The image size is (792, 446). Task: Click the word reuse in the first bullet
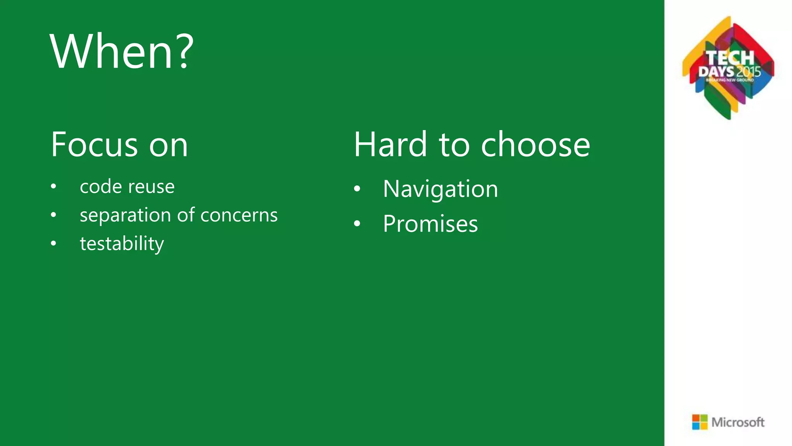[x=151, y=187]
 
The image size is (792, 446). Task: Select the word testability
[x=122, y=244]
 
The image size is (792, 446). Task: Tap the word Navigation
[x=440, y=189]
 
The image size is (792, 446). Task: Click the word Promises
[x=430, y=224]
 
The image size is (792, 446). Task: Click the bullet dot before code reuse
[x=53, y=187]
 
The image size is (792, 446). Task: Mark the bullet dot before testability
[x=53, y=244]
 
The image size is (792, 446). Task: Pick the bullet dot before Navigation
[x=357, y=189]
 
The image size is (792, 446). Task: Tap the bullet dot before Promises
[x=357, y=224]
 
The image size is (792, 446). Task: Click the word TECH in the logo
[x=730, y=58]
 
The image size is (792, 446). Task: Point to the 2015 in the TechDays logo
[x=748, y=72]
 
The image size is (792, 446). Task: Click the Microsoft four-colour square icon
[x=700, y=422]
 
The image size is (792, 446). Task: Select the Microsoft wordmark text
[x=738, y=422]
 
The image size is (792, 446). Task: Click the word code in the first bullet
[x=101, y=187]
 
